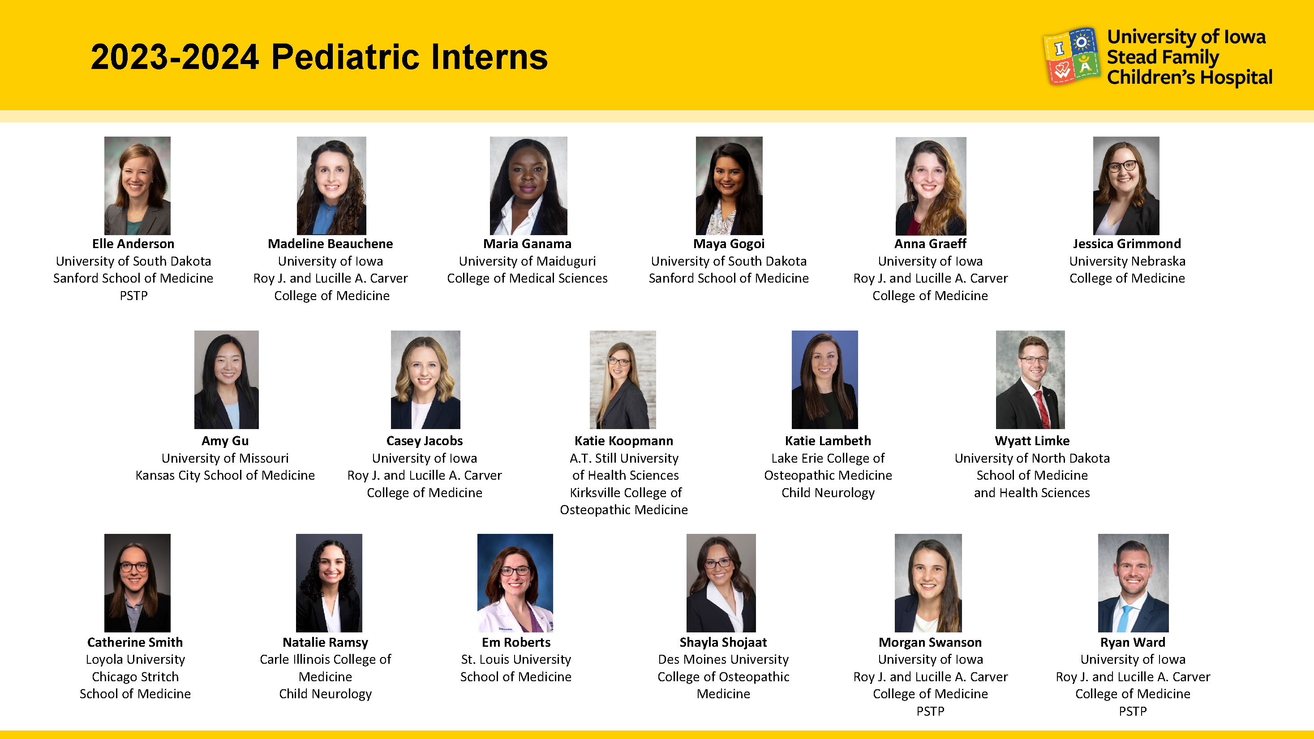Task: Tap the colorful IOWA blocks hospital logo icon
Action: tap(1071, 56)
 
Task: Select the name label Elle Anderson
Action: tap(133, 244)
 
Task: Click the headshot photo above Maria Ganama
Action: tap(528, 185)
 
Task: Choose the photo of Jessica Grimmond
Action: tap(1126, 185)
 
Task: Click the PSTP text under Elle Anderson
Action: tap(133, 296)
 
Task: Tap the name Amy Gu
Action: tap(225, 441)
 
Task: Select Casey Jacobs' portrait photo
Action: tap(425, 379)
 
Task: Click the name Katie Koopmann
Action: tap(623, 441)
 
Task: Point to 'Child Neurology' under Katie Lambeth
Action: tap(828, 493)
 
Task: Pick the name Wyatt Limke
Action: tap(1032, 441)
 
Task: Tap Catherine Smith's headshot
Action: tap(137, 583)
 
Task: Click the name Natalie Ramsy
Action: tap(326, 643)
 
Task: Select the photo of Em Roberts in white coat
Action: tap(515, 583)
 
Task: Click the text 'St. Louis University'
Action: tap(516, 659)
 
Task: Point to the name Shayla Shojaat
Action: tap(723, 643)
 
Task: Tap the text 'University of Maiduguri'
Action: tap(527, 262)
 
